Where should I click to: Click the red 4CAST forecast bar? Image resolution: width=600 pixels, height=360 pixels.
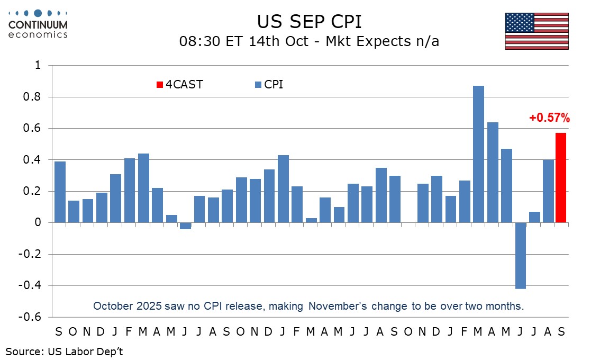click(561, 178)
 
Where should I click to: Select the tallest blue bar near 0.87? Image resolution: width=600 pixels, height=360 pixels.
click(478, 154)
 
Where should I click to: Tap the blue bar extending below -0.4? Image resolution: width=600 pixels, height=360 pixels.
click(521, 256)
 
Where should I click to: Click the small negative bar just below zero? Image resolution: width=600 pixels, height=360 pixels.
click(185, 226)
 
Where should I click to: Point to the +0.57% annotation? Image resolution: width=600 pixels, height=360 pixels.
click(550, 118)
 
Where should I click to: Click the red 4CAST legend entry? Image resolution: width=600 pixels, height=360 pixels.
click(180, 85)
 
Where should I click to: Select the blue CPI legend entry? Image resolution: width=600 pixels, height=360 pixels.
click(269, 85)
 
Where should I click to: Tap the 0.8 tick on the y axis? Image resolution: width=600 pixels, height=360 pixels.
click(32, 96)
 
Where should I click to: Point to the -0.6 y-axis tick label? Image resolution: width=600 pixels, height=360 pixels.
click(30, 317)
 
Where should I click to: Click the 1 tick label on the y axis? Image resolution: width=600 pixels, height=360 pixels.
click(38, 65)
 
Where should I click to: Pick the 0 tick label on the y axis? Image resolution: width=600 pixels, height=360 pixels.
click(38, 222)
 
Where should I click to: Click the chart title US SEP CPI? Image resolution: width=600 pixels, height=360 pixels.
click(309, 22)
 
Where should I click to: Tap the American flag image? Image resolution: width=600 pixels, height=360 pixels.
click(537, 31)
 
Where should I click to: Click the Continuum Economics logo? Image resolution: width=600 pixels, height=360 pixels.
click(38, 24)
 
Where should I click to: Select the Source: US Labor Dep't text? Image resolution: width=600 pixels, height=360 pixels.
click(65, 352)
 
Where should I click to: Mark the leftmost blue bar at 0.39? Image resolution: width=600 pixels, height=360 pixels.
click(60, 192)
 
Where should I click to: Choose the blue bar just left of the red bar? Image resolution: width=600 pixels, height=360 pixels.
click(548, 191)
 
